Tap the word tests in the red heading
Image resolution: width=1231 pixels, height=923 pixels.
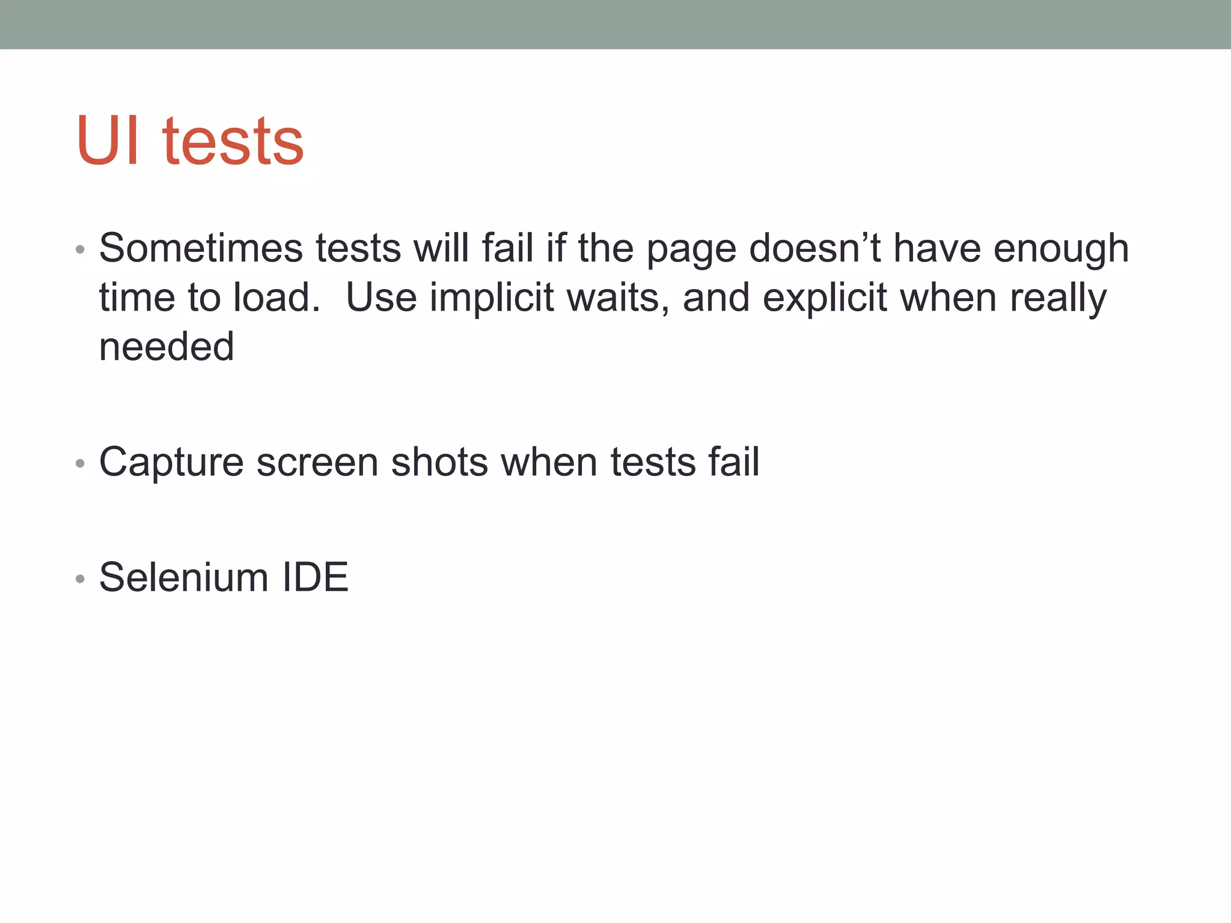click(x=233, y=142)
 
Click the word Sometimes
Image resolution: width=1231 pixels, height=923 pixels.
click(x=201, y=248)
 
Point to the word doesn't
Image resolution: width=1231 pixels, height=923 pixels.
click(x=815, y=248)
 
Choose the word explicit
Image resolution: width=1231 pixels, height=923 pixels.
click(x=824, y=299)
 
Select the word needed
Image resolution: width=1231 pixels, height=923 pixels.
click(x=166, y=347)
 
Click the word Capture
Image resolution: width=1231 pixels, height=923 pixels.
click(x=171, y=463)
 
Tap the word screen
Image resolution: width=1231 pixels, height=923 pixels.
click(x=317, y=463)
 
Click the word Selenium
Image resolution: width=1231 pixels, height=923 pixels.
click(x=183, y=577)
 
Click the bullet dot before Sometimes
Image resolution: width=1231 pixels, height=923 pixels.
click(x=81, y=249)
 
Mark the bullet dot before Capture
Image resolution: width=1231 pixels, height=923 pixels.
click(x=81, y=464)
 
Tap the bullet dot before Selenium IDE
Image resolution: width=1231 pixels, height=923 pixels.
click(x=81, y=579)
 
